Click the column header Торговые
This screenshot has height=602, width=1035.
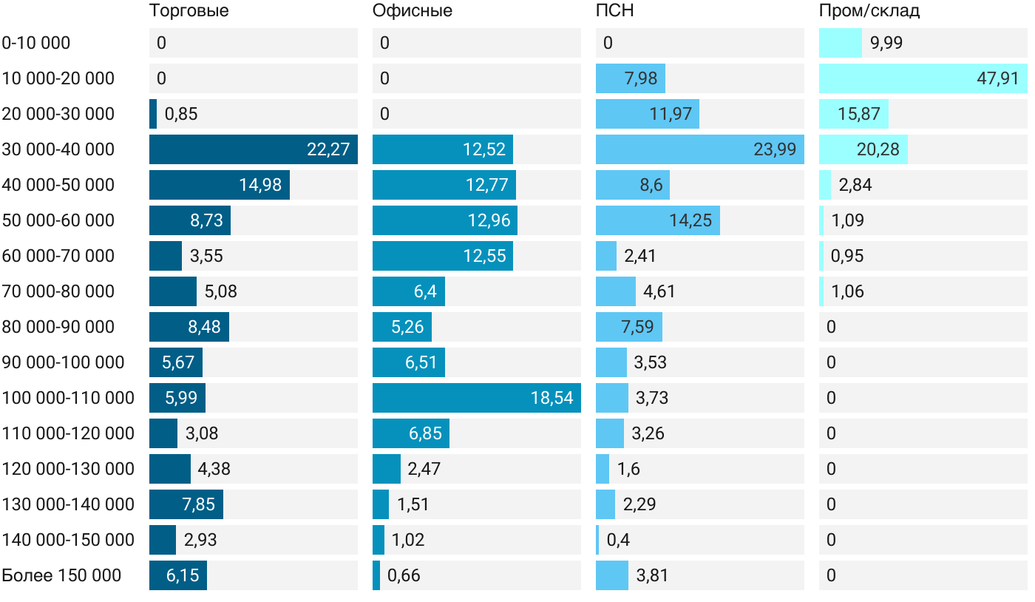[189, 11]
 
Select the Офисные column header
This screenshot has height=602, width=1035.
[412, 11]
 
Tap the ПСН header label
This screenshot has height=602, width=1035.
[614, 11]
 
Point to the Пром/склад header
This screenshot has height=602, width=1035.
[869, 11]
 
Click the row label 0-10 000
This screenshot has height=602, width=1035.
[36, 43]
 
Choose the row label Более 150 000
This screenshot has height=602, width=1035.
[61, 575]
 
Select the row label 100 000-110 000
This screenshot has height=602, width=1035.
[68, 398]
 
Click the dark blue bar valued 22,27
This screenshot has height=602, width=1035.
[253, 149]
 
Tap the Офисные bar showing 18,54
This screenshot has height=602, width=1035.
[476, 398]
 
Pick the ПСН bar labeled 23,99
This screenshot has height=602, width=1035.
[699, 149]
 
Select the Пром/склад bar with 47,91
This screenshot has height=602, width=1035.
[923, 78]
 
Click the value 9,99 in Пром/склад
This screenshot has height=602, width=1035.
[886, 43]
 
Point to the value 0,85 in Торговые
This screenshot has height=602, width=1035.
[181, 114]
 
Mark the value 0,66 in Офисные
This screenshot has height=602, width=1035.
[404, 575]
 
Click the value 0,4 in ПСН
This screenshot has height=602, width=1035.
[618, 540]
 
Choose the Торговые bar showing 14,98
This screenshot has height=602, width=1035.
[219, 185]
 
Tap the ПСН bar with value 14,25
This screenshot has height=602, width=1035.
[657, 220]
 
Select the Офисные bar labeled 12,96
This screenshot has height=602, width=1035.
[444, 220]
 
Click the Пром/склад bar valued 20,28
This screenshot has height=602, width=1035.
[863, 149]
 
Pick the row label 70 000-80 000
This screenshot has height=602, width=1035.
[58, 291]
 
